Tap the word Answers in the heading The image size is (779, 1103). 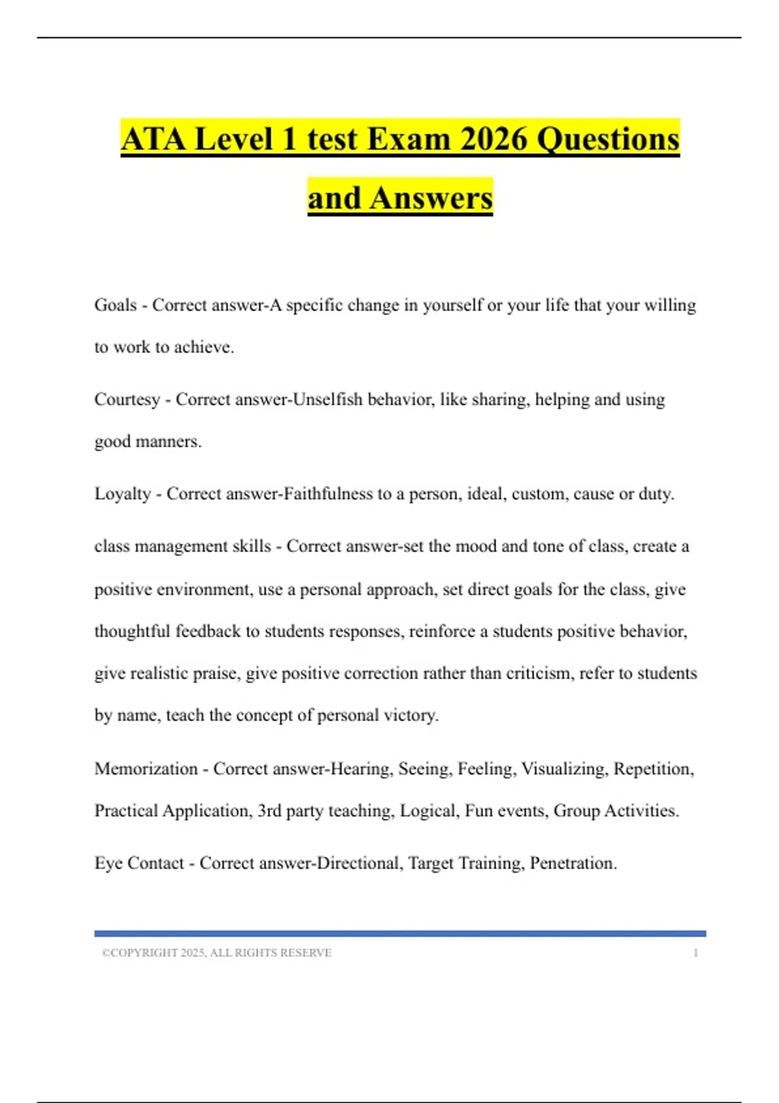click(431, 198)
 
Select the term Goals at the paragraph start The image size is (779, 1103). click(116, 305)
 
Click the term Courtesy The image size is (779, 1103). click(127, 399)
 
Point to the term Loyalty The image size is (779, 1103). click(123, 494)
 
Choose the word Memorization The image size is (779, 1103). click(146, 769)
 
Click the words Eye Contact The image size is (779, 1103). click(139, 863)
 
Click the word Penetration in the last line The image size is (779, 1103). click(573, 863)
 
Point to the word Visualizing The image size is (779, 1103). click(564, 769)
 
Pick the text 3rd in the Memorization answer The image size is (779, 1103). click(269, 810)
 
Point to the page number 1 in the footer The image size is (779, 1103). click(695, 952)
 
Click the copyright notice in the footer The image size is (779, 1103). click(217, 952)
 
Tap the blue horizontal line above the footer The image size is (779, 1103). click(400, 933)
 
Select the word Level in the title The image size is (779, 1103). click(234, 139)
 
